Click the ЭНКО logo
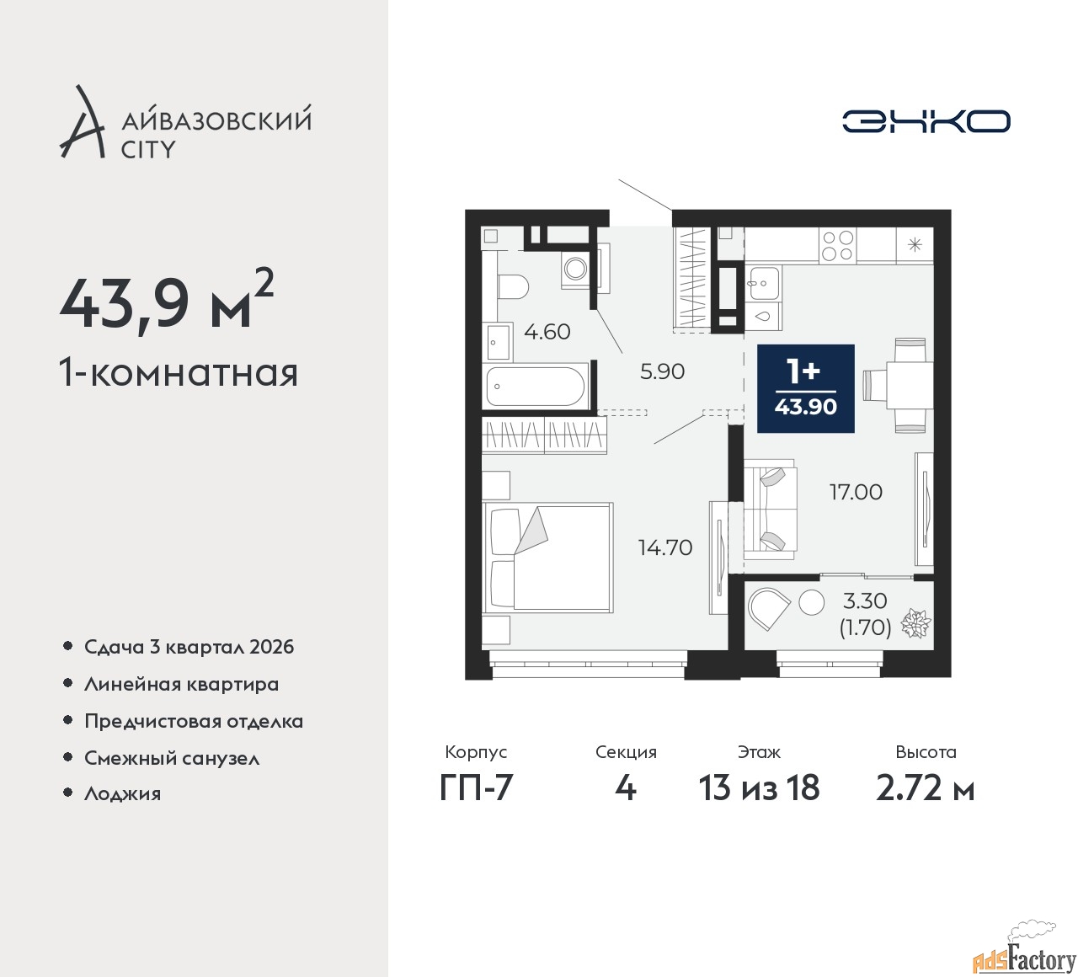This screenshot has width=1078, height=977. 926,121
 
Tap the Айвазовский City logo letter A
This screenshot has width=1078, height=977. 81,121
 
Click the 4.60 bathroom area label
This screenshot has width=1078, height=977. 547,332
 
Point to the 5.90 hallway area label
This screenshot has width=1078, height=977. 662,371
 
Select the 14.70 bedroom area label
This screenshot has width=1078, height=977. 665,547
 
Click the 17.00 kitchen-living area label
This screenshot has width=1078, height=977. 856,492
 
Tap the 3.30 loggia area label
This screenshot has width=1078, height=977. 865,601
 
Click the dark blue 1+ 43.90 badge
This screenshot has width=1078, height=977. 805,388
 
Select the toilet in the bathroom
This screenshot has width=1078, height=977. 513,286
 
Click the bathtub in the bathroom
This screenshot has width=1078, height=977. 536,387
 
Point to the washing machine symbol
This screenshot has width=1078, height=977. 575,269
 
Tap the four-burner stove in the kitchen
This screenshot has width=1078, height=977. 838,245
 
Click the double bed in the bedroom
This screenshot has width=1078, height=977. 548,558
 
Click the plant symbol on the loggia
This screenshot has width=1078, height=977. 915,623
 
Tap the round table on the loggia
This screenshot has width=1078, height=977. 812,602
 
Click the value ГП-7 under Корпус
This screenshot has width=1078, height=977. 476,787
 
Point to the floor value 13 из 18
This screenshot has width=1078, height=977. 760,787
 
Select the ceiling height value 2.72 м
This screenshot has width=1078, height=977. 926,787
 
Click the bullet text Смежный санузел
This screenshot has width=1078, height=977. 172,758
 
